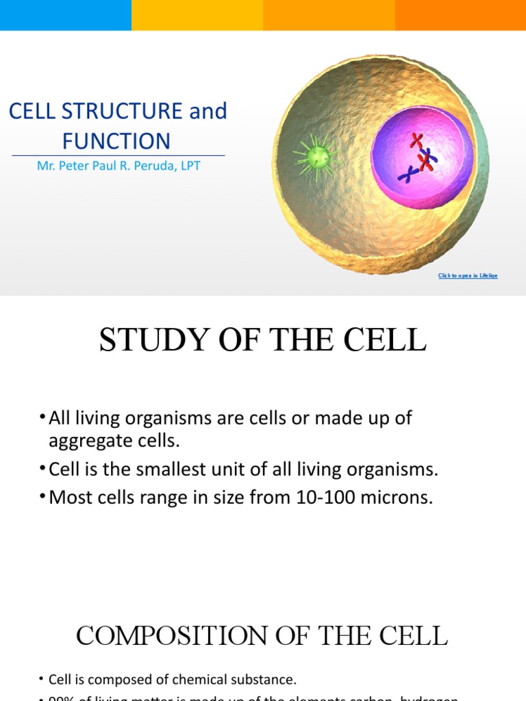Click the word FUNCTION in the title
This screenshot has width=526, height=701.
point(116,141)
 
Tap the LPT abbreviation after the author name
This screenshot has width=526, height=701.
point(189,166)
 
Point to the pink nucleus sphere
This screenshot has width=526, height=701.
point(421,157)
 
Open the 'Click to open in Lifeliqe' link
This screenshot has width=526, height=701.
point(468,276)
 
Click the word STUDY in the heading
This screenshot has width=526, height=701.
point(143,340)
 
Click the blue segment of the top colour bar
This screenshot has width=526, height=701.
point(66,14)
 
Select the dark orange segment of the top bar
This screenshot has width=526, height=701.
point(460,14)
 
